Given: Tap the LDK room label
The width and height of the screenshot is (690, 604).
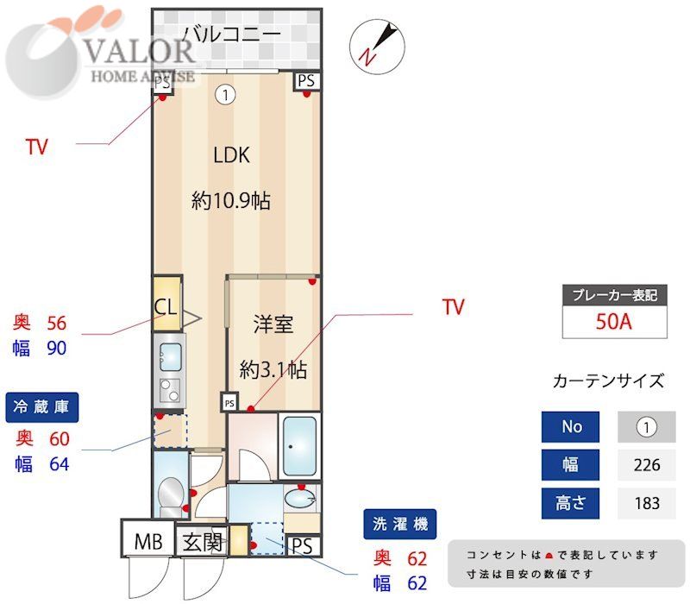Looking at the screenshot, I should tap(231, 155).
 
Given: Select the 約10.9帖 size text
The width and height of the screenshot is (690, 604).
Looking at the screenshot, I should tap(231, 202).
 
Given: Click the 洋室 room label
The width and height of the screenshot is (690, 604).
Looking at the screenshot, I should tap(273, 324).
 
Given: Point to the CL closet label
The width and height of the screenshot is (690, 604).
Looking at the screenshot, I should tap(166, 306).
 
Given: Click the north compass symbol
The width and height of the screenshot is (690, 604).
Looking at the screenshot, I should tap(376, 45).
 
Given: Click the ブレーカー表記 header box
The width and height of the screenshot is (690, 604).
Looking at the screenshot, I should tap(616, 295).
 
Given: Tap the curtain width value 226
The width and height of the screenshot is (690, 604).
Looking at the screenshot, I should tap(646, 465).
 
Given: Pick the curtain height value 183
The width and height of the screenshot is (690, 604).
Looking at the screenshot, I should tap(646, 503).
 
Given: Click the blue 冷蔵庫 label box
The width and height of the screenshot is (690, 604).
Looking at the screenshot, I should tap(43, 406).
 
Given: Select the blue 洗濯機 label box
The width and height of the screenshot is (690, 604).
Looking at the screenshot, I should tap(399, 523).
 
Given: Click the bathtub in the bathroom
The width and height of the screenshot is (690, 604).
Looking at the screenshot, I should tap(301, 445).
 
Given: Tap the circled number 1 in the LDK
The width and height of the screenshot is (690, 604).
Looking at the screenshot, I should tap(225, 95).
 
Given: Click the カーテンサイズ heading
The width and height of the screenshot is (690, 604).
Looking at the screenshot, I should tap(608, 381).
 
